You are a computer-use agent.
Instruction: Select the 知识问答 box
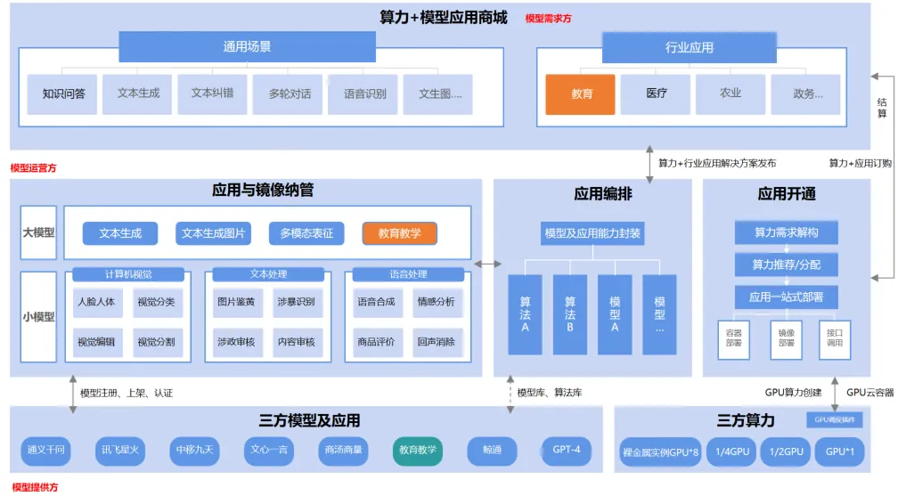63,94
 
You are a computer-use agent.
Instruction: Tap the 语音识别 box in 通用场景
363,94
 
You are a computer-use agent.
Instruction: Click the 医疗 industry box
656,94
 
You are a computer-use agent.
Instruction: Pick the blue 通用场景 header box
247,47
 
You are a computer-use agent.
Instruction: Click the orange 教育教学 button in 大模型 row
399,233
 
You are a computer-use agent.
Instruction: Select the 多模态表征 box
306,233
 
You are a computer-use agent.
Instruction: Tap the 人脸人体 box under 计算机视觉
96,302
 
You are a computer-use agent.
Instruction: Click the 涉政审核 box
236,341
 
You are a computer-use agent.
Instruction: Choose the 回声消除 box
436,341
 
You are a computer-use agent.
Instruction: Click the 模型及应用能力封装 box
592,234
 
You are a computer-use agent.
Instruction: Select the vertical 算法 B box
570,314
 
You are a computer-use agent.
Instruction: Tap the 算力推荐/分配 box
786,264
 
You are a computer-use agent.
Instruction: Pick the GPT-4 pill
566,450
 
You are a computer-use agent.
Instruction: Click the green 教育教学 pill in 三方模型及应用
417,451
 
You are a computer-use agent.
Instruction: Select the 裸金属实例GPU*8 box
660,452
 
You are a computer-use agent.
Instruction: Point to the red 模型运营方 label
33,167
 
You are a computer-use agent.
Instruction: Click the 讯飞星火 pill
119,451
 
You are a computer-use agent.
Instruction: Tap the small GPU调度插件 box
833,419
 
